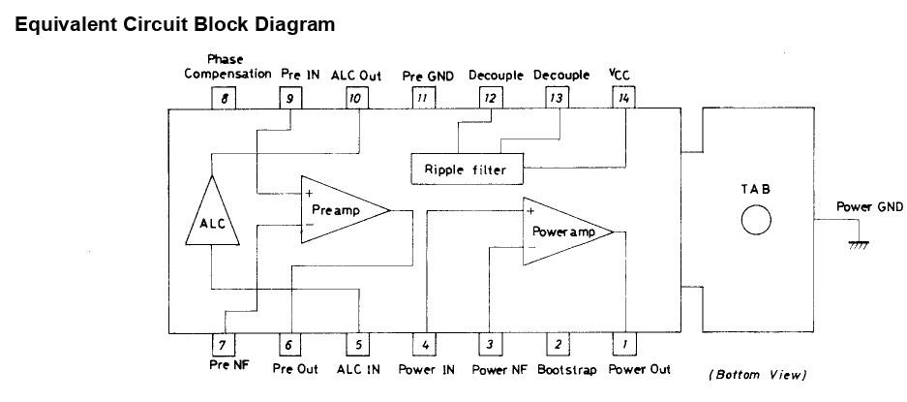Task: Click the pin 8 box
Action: [225, 97]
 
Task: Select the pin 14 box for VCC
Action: [622, 97]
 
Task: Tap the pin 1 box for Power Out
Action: [622, 344]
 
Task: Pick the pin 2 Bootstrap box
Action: [557, 344]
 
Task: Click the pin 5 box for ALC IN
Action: [357, 344]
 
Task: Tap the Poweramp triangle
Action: [561, 232]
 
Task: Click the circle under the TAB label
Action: [756, 223]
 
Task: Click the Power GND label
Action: [870, 206]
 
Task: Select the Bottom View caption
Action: [758, 375]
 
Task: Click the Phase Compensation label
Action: [225, 67]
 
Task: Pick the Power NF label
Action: [499, 369]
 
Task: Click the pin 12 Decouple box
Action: [491, 97]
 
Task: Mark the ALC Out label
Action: [357, 75]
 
